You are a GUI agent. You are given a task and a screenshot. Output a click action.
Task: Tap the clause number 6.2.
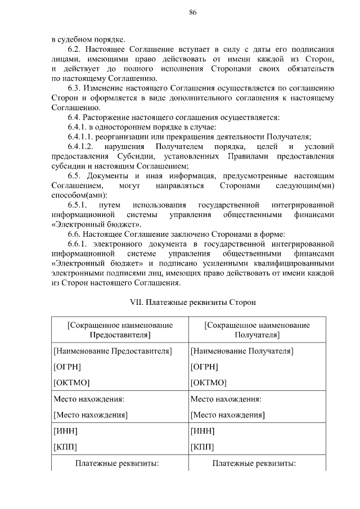click(x=74, y=49)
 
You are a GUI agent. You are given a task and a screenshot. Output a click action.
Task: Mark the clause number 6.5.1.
click(x=77, y=205)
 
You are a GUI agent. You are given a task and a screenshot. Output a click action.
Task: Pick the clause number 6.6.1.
click(x=77, y=244)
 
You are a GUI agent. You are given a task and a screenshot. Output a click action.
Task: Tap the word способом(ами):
click(x=74, y=195)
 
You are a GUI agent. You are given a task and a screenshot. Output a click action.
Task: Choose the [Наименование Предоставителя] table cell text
click(x=112, y=352)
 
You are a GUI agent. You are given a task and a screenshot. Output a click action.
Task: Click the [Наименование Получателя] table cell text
click(x=242, y=352)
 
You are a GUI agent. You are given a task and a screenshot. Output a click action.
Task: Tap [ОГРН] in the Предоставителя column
click(x=67, y=367)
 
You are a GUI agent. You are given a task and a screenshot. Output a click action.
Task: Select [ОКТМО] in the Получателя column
click(x=208, y=382)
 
